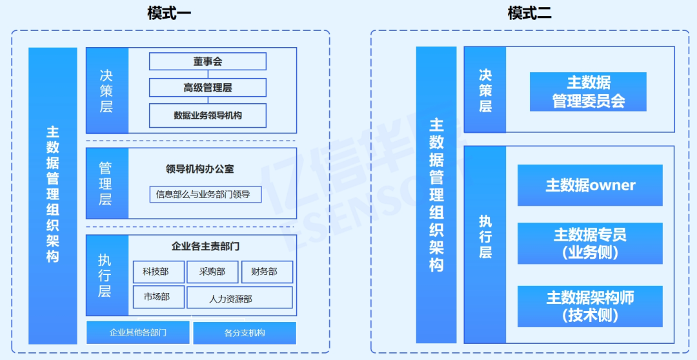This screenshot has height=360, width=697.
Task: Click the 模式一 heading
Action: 169,13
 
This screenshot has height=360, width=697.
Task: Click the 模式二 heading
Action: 529,13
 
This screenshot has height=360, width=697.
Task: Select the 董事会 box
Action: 208,61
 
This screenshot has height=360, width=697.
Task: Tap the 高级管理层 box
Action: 208,88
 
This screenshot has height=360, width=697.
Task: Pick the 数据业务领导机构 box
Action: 208,115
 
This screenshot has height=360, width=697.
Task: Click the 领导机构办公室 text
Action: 200,169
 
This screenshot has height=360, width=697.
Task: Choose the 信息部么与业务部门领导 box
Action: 205,194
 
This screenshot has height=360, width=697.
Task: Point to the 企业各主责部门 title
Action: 205,246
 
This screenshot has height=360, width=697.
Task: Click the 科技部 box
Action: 159,272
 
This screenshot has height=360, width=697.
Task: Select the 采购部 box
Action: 212,272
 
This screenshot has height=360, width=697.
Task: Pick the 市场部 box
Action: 159,297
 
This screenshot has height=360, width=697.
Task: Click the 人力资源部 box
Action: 239,298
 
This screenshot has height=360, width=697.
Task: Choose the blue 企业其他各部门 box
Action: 138,332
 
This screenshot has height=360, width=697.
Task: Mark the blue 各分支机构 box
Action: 245,332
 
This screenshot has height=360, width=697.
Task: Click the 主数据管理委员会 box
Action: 588,92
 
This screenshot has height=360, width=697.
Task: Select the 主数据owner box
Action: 590,185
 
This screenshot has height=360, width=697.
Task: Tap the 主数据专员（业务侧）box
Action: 590,243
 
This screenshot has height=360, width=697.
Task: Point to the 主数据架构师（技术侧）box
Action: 590,306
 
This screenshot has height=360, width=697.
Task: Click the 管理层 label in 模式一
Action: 106,184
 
